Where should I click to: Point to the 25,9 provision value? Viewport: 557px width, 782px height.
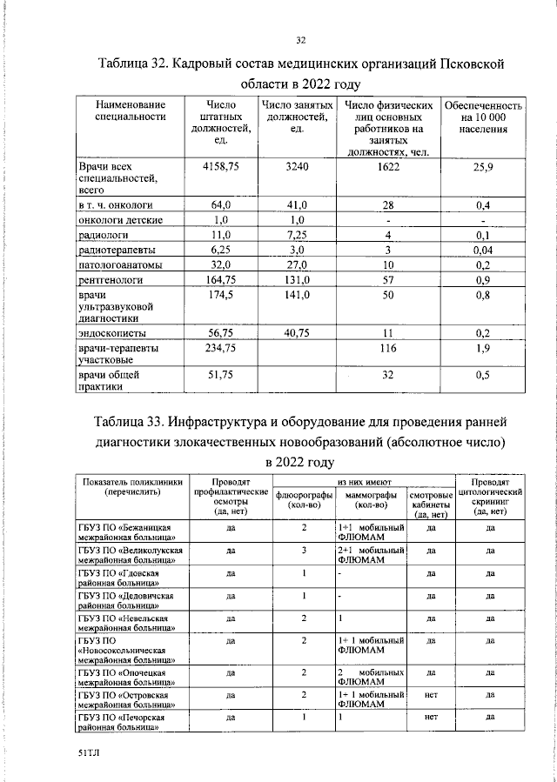tap(483, 165)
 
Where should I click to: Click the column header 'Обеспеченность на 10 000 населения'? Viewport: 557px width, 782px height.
tap(483, 117)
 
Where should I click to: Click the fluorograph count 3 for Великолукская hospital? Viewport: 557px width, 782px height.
tap(305, 551)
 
